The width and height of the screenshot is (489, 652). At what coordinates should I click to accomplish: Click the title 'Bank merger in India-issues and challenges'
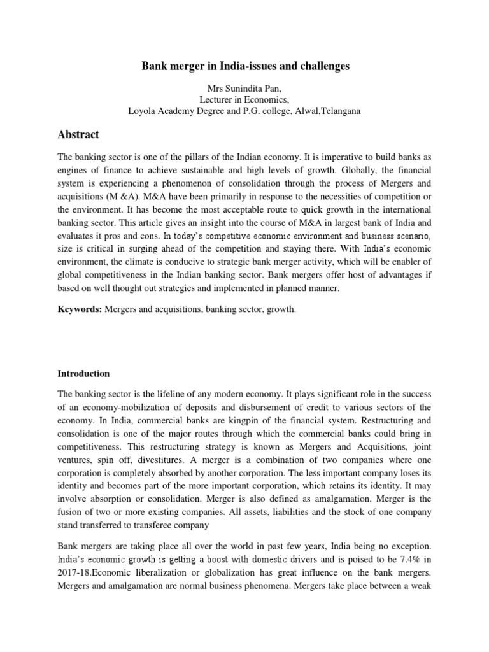244,66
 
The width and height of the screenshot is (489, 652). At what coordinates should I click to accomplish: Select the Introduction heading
83,373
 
